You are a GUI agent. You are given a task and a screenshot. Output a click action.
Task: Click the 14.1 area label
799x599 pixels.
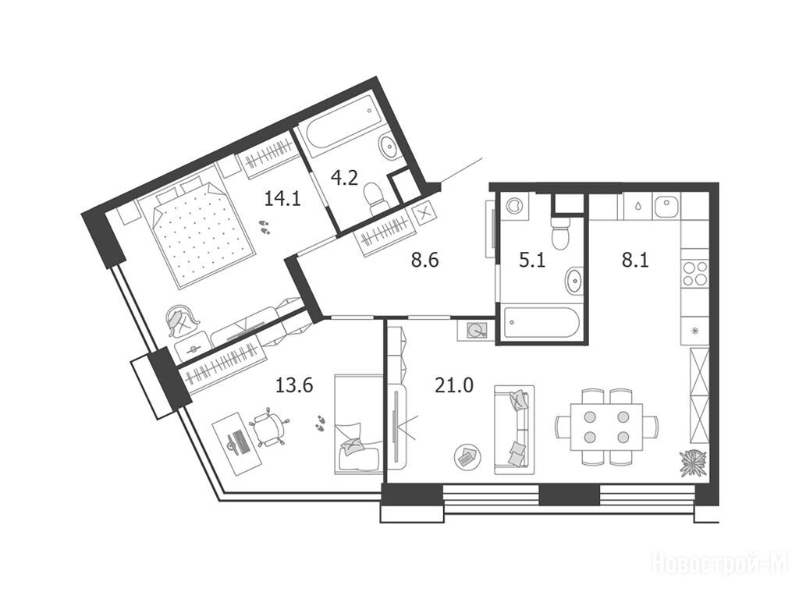282,197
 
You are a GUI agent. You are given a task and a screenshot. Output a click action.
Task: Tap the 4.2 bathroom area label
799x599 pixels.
344,179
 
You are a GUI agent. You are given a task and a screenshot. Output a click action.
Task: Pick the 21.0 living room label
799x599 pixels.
454,385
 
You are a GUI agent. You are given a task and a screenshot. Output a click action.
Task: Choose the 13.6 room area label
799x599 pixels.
294,385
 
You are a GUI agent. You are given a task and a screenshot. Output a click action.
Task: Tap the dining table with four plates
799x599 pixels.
606,426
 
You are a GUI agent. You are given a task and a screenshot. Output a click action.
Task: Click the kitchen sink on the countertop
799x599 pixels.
666,207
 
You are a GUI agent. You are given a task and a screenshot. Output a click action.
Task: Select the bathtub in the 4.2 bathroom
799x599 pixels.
339,126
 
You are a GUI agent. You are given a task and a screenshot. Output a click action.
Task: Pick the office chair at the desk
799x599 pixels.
268,429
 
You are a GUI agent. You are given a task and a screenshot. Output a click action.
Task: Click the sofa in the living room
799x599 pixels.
513,430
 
